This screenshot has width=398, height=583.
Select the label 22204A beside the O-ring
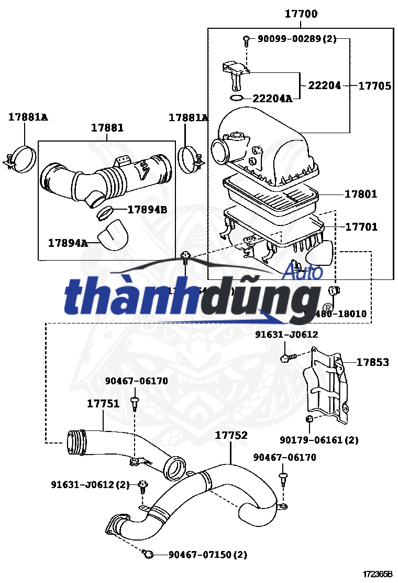(x=272, y=98)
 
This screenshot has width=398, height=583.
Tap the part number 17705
(x=374, y=86)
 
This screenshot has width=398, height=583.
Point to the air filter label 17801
(x=361, y=195)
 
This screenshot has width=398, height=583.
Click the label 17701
(x=361, y=227)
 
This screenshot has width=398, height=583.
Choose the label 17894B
(x=147, y=210)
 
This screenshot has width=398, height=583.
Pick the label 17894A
(x=68, y=243)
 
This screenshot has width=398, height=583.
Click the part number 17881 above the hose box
(x=107, y=128)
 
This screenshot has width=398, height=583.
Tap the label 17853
(x=373, y=362)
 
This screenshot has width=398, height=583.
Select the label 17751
(x=103, y=403)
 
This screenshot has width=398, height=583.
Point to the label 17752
(x=231, y=435)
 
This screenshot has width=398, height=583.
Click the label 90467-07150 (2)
(x=207, y=555)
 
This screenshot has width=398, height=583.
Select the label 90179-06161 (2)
(x=319, y=440)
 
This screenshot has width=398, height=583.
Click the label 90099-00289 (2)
(x=297, y=39)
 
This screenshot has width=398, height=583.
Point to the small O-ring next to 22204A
(x=237, y=98)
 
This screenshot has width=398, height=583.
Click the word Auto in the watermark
(x=303, y=272)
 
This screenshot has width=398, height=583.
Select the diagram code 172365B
(x=378, y=574)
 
